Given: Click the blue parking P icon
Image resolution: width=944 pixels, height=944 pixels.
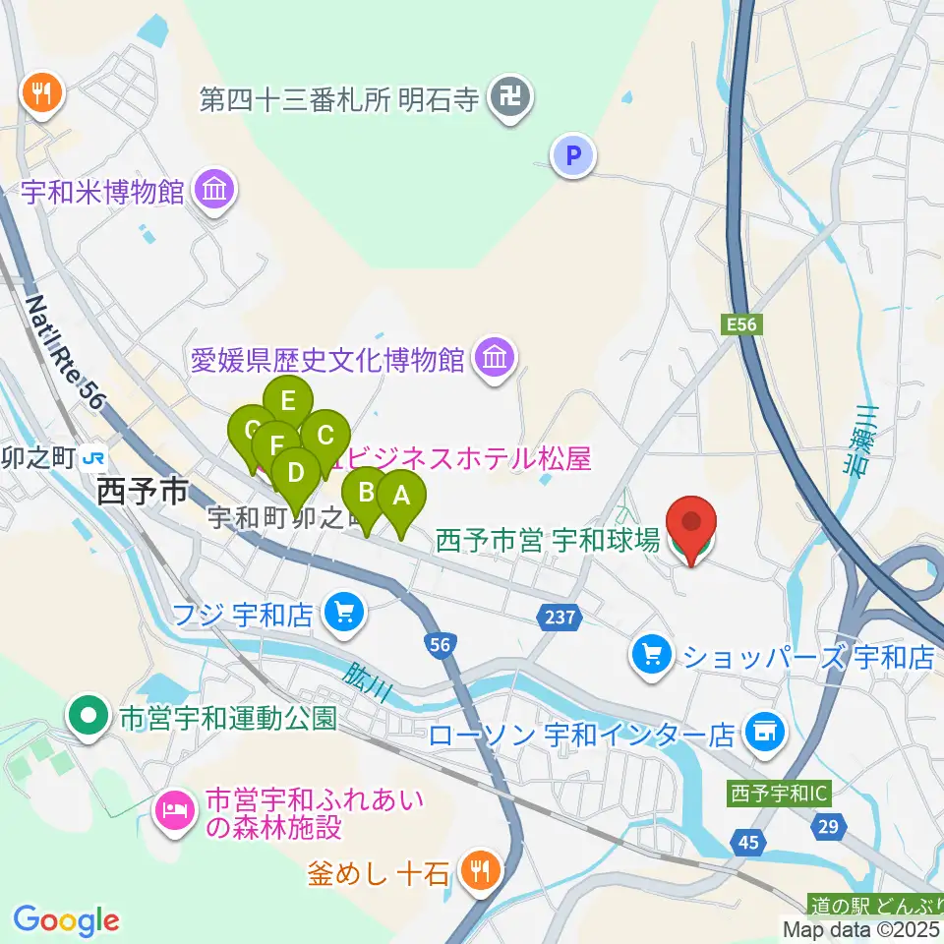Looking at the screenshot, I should (x=573, y=154).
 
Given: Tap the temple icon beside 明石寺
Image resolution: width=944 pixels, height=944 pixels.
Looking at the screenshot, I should (x=511, y=98).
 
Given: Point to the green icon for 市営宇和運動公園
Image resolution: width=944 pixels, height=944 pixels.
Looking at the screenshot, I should (x=90, y=716).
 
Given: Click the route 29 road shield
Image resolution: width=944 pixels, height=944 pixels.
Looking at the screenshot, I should (x=829, y=828).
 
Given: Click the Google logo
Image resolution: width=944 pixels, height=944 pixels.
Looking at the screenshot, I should (x=66, y=920).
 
